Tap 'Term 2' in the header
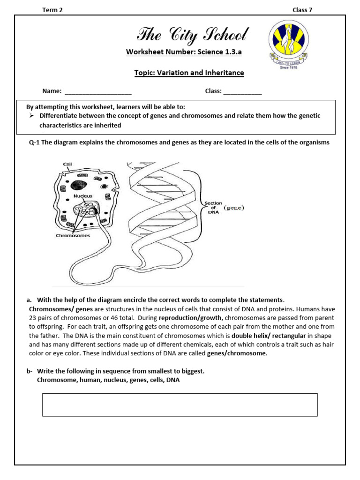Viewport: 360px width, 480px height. click(x=52, y=10)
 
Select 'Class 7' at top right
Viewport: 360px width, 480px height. click(x=302, y=10)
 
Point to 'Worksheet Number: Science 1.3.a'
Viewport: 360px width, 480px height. click(x=184, y=52)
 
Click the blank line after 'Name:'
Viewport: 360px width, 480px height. click(x=98, y=91)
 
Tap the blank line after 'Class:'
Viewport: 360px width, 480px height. click(x=242, y=91)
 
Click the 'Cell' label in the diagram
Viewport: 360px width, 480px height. click(x=68, y=164)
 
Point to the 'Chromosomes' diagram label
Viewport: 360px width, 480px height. click(x=73, y=235)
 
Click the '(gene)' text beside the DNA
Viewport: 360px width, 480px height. click(x=234, y=208)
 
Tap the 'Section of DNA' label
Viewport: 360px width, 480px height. click(x=213, y=208)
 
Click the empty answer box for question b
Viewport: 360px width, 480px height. click(x=180, y=405)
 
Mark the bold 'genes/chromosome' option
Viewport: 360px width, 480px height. click(x=236, y=353)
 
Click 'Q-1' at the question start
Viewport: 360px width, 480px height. click(x=34, y=142)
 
